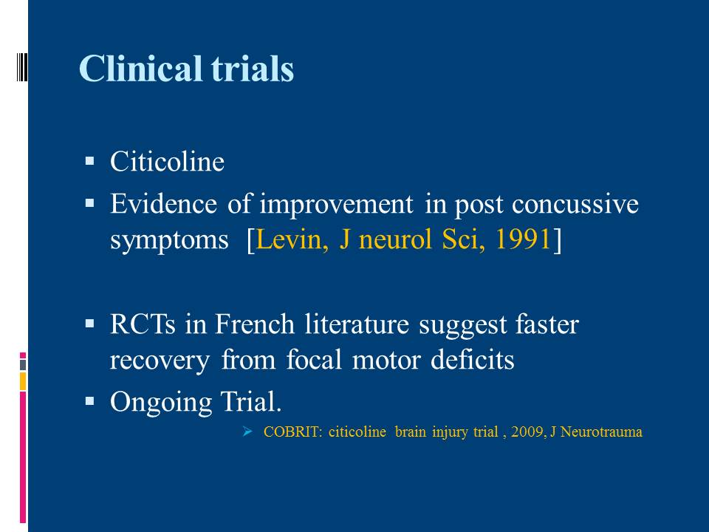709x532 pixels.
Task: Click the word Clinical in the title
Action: coord(140,68)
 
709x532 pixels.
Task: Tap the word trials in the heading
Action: coord(253,68)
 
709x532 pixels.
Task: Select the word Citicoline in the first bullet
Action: coord(168,161)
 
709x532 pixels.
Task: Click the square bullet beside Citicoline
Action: coord(89,160)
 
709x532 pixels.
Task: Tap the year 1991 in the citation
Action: coord(523,239)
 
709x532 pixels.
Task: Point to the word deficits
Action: coord(473,360)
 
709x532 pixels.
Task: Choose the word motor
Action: coord(386,361)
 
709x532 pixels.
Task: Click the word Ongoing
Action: coord(161,402)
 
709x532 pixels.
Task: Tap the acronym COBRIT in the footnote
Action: coord(293,432)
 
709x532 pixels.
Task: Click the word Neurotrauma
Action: coord(601,432)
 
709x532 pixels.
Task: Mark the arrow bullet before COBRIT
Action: coord(247,431)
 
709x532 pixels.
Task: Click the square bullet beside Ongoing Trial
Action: coord(89,400)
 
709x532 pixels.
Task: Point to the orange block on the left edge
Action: coord(23,381)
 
